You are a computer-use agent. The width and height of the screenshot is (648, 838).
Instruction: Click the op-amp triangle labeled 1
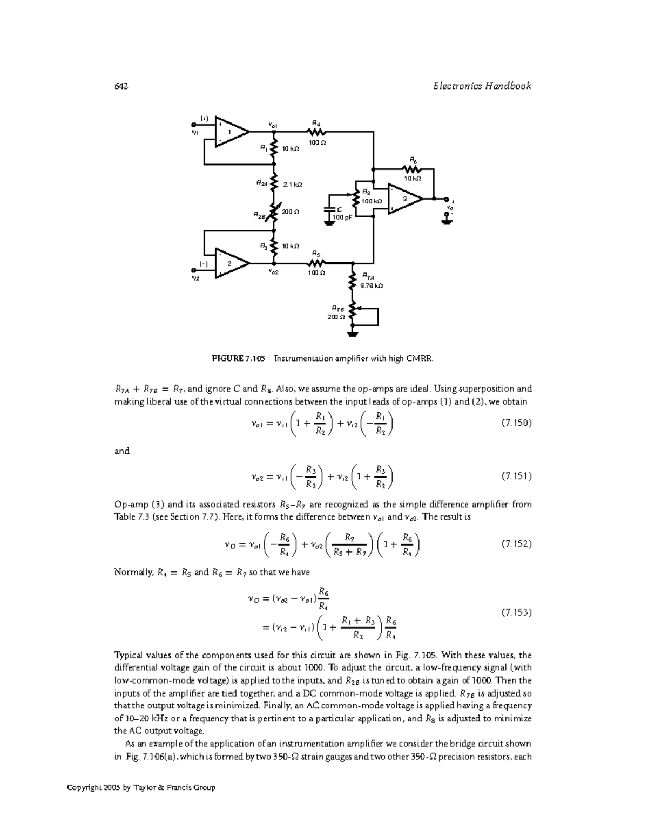[x=231, y=132]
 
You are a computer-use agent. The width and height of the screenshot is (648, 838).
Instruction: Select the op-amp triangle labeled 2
[x=231, y=263]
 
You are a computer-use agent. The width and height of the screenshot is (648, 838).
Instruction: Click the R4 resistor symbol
[x=316, y=131]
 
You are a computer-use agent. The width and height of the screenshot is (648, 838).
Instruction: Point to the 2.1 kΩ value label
[x=293, y=185]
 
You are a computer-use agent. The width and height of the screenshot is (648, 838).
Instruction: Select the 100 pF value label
[x=341, y=217]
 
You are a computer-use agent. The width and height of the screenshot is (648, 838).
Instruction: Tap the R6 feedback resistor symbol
[x=413, y=169]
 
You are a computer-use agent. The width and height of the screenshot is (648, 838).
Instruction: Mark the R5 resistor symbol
[x=316, y=263]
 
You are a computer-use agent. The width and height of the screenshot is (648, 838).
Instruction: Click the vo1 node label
[x=273, y=125]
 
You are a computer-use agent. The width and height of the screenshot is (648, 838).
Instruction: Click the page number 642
[x=121, y=86]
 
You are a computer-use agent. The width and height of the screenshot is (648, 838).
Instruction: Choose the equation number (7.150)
[x=517, y=423]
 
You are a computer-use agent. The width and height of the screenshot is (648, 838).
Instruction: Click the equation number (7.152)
[x=517, y=543]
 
